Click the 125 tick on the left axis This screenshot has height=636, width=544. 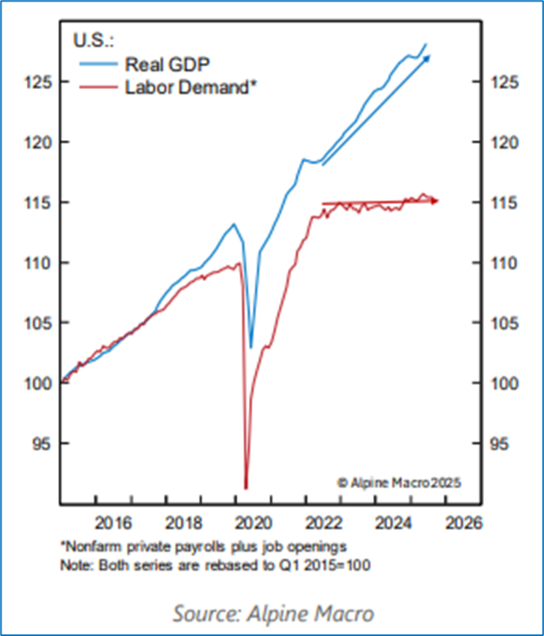click(x=38, y=82)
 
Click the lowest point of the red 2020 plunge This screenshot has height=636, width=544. click(x=246, y=487)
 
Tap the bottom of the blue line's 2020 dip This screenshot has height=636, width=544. click(x=251, y=347)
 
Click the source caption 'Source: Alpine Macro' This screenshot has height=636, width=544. click(x=272, y=612)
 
